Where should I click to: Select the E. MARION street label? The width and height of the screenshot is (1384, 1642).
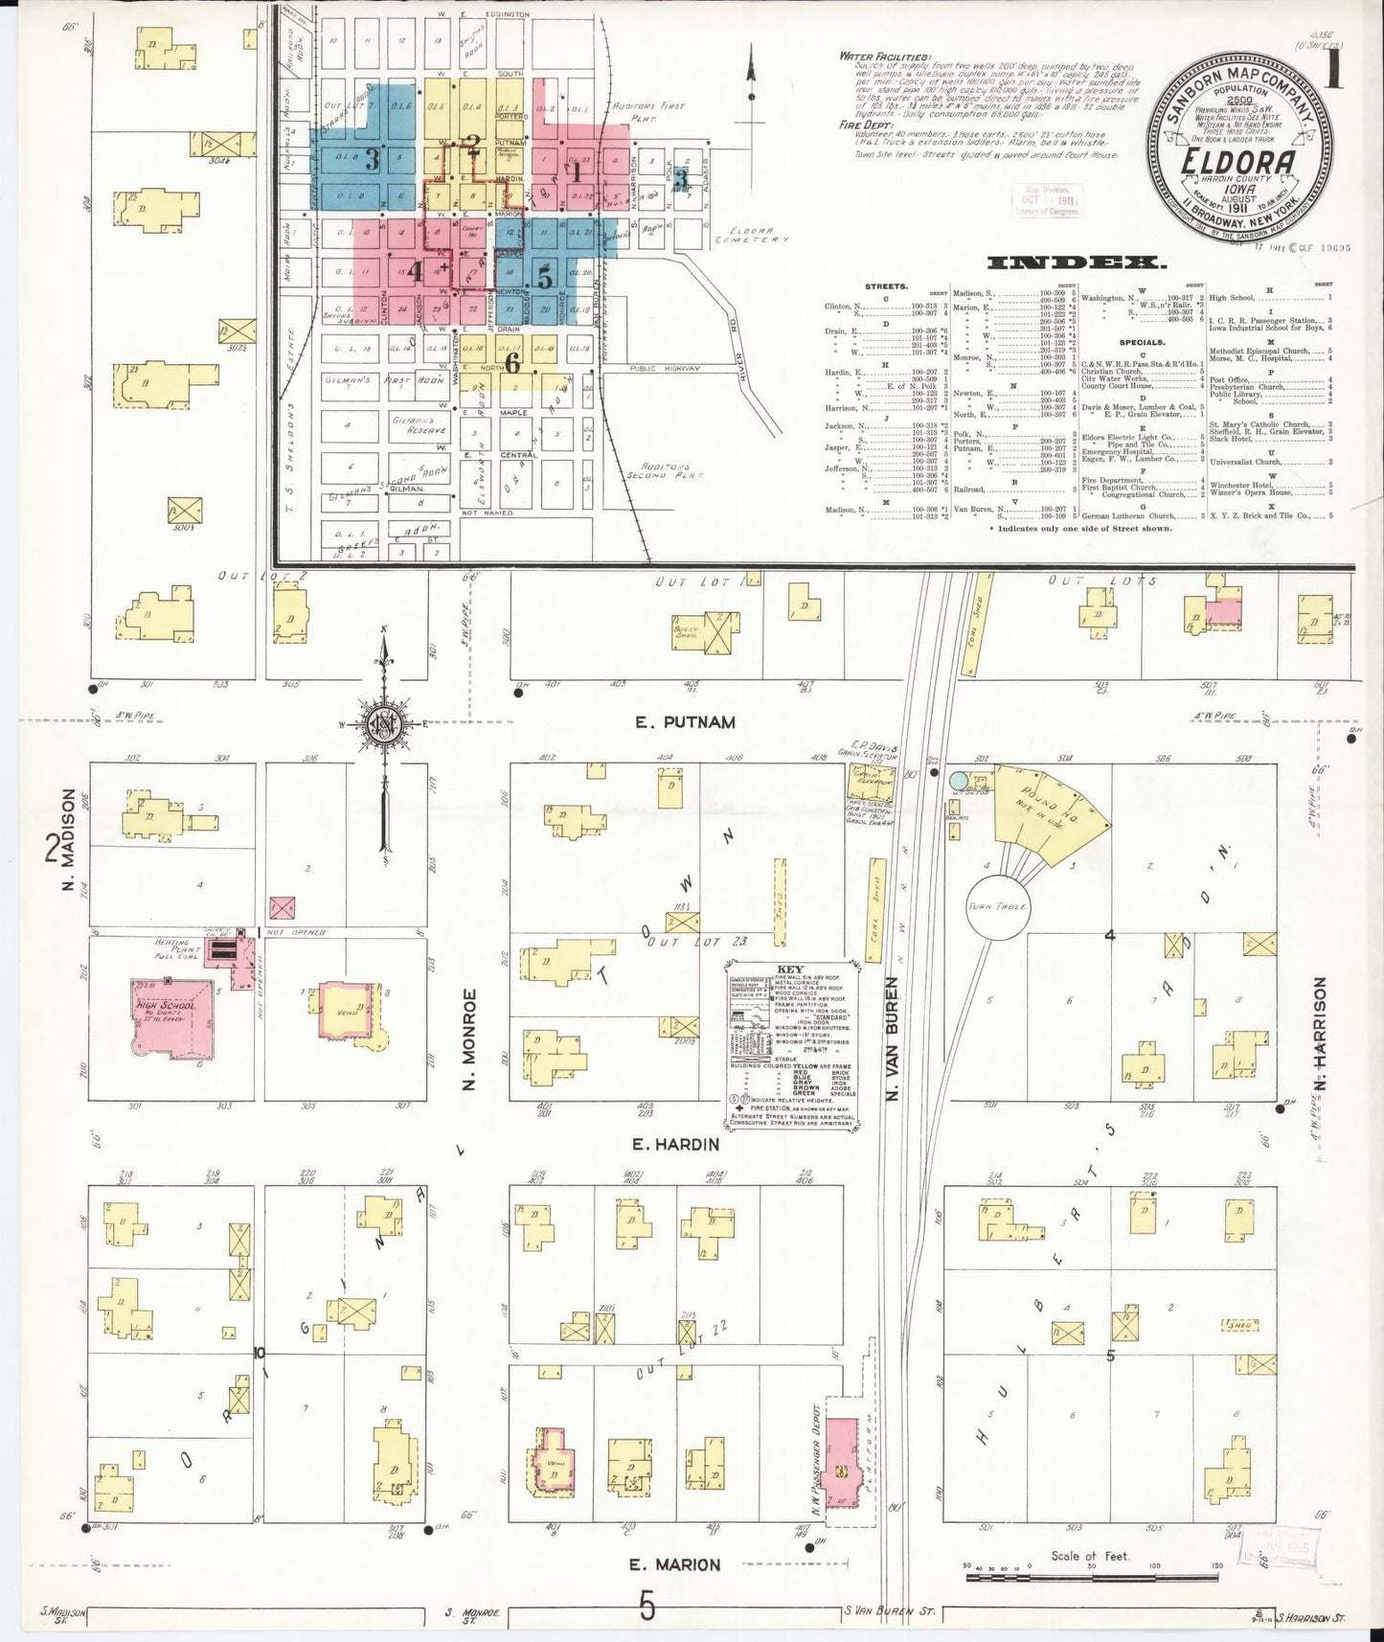(674, 1565)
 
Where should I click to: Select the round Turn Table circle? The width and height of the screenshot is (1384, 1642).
(997, 905)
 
